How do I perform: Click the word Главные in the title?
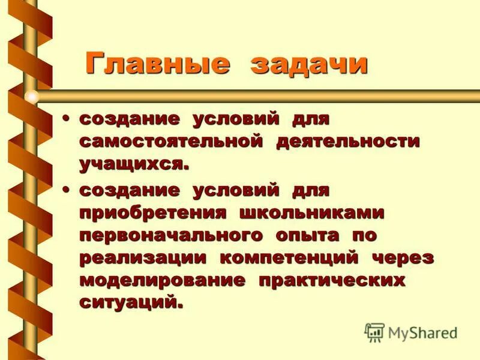pyautogui.click(x=157, y=64)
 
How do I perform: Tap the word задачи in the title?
pyautogui.click(x=308, y=64)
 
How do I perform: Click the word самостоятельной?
pyautogui.click(x=171, y=142)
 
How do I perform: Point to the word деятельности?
pyautogui.click(x=348, y=142)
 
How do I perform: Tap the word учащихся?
pyautogui.click(x=134, y=164)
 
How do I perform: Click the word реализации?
pyautogui.click(x=143, y=258)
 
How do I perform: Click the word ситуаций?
pyautogui.click(x=130, y=301)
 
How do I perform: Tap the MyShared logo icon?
pyautogui.click(x=374, y=332)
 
